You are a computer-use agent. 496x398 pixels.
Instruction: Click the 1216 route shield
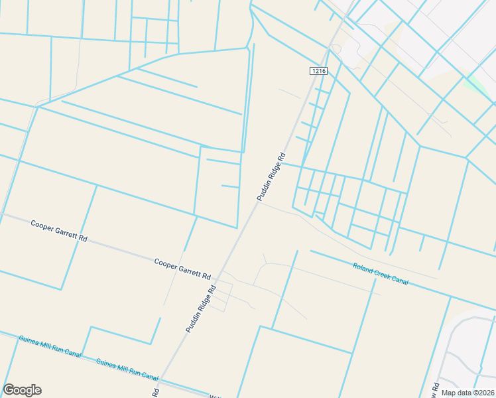tap(319, 70)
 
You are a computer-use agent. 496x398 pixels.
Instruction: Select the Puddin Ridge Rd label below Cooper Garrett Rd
tap(202, 309)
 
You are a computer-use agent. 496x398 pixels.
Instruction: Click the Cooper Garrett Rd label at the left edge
tap(59, 231)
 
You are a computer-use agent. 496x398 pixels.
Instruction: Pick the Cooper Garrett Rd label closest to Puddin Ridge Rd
tap(182, 268)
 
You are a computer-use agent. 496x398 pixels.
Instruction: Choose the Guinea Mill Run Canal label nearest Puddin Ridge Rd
tap(127, 369)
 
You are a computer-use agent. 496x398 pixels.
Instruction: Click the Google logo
tap(22, 390)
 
